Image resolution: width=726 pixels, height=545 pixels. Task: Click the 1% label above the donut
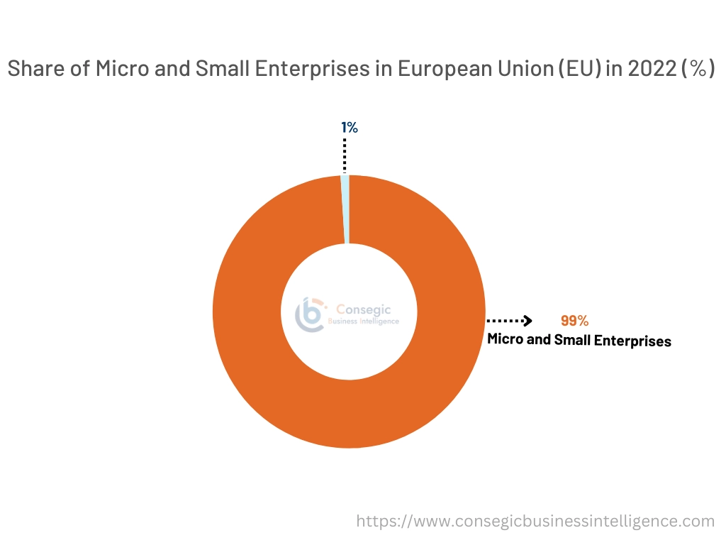point(349,128)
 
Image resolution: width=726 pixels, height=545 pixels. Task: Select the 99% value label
point(574,321)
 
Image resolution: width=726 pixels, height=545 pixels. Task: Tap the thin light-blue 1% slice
point(345,209)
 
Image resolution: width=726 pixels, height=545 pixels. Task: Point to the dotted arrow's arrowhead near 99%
point(527,321)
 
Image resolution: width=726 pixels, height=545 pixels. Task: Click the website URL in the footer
point(535,522)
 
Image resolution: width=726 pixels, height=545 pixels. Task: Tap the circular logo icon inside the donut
point(311,314)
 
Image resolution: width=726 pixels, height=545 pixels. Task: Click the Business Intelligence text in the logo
point(364,321)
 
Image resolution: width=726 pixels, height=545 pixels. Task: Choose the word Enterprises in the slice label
point(632,341)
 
